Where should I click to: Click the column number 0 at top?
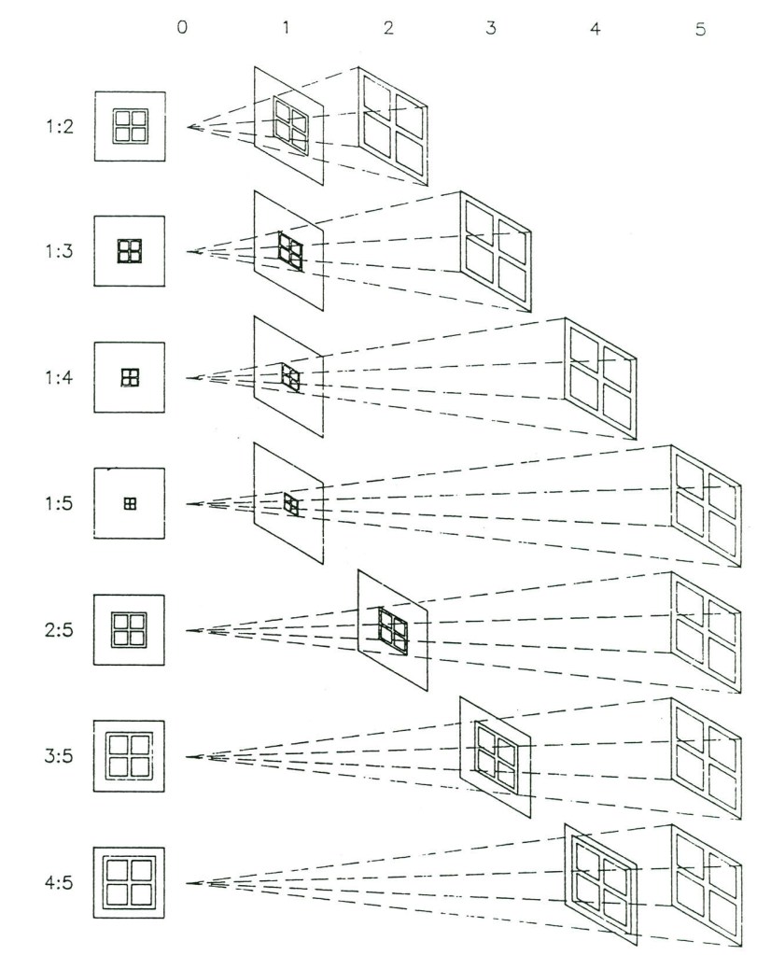click(182, 28)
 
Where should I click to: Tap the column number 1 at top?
click(286, 28)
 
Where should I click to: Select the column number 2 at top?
click(388, 28)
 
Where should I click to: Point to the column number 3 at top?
click(492, 28)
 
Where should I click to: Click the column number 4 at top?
click(596, 28)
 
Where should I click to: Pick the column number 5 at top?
click(699, 28)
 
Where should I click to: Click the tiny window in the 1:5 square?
click(130, 503)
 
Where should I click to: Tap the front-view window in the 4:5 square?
click(129, 880)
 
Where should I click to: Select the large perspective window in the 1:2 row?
click(393, 124)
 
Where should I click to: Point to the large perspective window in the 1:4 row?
click(601, 377)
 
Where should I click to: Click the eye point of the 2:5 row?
click(189, 630)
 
